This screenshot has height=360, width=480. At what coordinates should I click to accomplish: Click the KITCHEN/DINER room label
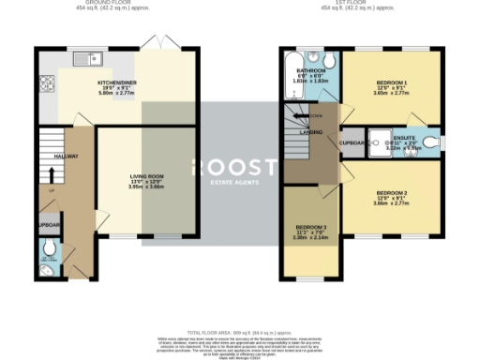tap(119, 82)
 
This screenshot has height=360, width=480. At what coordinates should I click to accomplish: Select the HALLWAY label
tap(66, 157)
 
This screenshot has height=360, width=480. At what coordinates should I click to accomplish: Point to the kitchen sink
tap(95, 59)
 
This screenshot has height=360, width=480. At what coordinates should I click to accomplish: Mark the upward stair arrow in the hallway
tap(50, 174)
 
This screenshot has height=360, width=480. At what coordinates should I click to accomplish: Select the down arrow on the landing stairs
tap(298, 116)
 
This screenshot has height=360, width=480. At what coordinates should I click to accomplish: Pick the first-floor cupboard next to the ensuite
tap(352, 143)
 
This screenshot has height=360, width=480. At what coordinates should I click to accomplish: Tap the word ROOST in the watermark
tap(233, 167)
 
